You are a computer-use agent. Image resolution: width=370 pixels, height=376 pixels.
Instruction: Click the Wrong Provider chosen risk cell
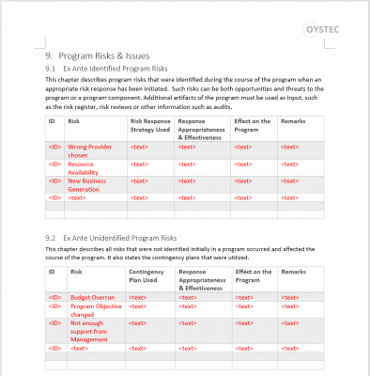click(90, 151)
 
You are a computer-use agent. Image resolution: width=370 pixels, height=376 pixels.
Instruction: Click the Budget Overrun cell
click(93, 296)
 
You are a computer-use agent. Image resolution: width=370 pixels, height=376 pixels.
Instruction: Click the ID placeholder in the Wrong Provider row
click(55, 148)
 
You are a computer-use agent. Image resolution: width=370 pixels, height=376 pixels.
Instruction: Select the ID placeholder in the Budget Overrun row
click(55, 296)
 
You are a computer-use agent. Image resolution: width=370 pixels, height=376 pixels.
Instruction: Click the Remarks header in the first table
click(293, 121)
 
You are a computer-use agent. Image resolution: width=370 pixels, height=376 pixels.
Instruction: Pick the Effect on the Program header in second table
click(252, 275)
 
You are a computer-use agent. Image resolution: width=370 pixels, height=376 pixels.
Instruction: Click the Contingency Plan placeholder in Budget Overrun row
click(138, 296)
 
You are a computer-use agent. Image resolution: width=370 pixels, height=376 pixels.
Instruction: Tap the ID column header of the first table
click(53, 121)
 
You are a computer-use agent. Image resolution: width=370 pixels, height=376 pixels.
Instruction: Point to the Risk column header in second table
click(75, 272)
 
